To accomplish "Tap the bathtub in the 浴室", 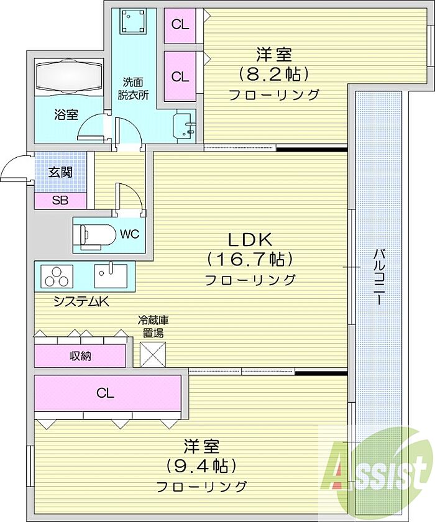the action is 69,76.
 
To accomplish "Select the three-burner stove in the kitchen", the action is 57,276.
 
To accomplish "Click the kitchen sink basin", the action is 111,276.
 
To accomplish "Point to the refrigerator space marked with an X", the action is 153,354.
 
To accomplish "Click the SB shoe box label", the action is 60,200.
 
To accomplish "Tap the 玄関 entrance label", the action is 60,172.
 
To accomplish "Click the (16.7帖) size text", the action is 250,259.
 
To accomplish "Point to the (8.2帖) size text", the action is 273,74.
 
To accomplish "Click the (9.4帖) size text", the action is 201,466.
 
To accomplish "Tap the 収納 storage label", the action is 80,356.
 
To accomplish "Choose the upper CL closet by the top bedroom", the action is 180,25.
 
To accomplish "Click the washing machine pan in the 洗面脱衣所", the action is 133,21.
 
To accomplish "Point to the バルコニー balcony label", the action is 378,277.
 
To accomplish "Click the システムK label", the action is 81,301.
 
